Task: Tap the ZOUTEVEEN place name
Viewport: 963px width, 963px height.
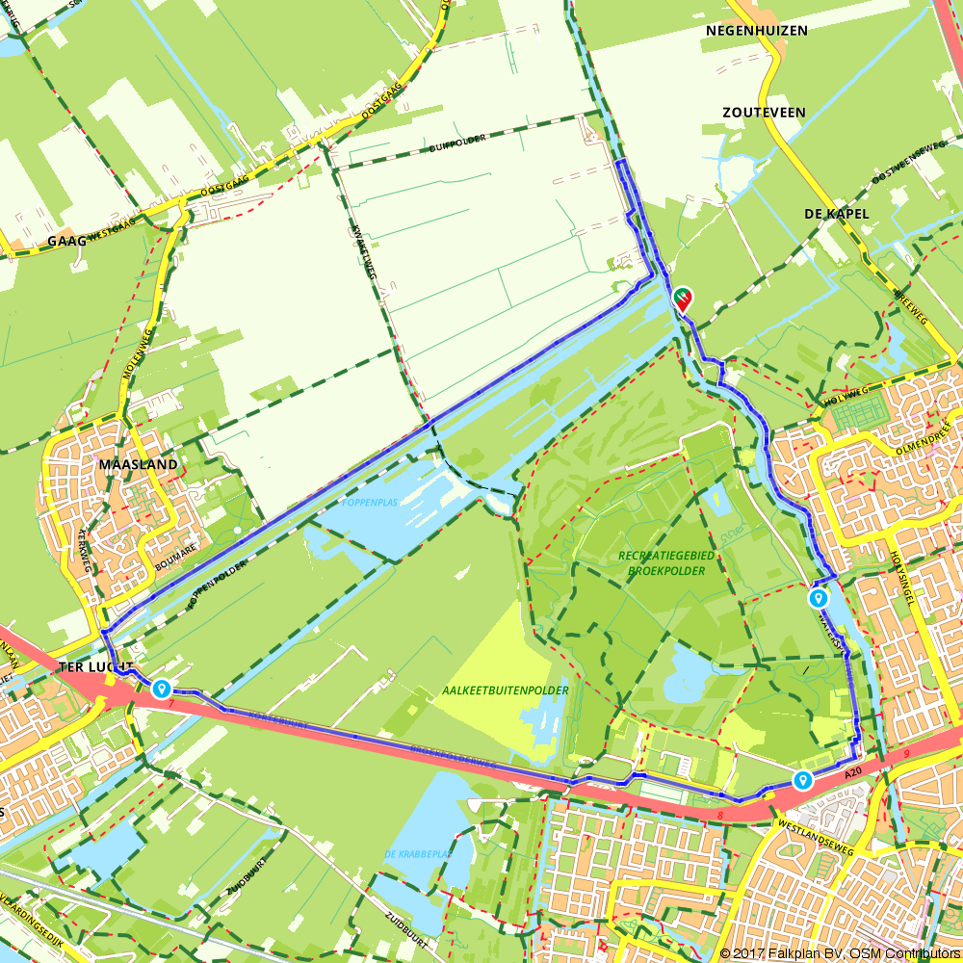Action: coord(764,113)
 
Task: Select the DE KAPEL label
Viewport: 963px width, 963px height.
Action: coord(836,213)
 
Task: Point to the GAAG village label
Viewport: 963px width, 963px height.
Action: coord(65,242)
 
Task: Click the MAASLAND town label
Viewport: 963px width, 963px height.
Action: coord(138,464)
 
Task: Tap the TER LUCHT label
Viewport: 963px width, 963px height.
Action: coord(96,665)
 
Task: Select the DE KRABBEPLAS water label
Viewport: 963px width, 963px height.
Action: coord(418,854)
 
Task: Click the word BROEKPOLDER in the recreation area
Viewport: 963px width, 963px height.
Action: coord(664,570)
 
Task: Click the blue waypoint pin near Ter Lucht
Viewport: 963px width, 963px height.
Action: coord(161,689)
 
